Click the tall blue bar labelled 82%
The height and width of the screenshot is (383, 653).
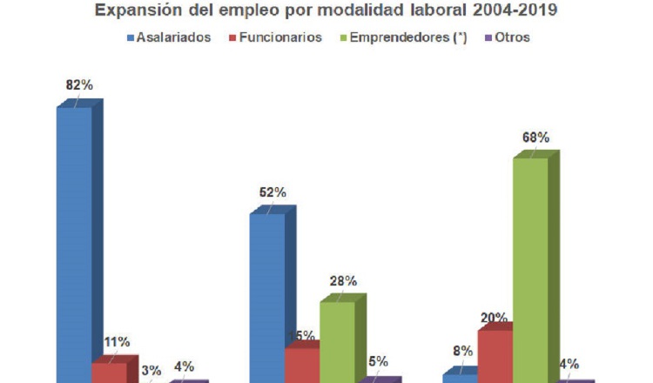point(75,244)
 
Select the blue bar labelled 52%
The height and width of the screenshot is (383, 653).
point(267,296)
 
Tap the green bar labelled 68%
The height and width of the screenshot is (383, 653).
point(530,270)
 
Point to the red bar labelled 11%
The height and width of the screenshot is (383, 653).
point(110,373)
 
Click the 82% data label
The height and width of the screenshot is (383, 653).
point(79,85)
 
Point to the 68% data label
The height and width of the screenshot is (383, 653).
point(535,138)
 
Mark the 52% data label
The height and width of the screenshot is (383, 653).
point(272,192)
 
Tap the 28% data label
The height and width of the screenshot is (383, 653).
point(343,281)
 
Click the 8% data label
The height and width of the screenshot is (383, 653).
point(462,352)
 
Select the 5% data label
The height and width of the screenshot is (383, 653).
point(378,362)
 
